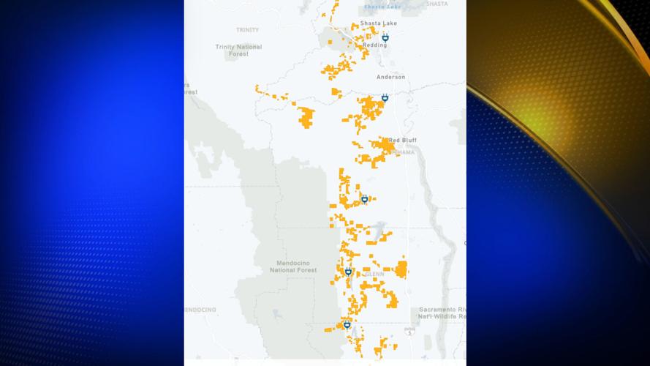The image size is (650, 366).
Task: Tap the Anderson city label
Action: pyautogui.click(x=390, y=77)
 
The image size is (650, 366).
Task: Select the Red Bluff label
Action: pyautogui.click(x=402, y=140)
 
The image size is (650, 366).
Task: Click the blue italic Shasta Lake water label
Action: pyautogui.click(x=382, y=7)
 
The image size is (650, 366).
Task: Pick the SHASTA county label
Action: pyautogui.click(x=437, y=4)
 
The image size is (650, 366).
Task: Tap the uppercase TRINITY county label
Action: pyautogui.click(x=247, y=30)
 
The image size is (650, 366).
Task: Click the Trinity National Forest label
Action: pyautogui.click(x=238, y=51)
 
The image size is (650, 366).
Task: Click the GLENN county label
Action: pyautogui.click(x=376, y=274)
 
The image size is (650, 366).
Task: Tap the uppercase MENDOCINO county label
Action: pyautogui.click(x=200, y=310)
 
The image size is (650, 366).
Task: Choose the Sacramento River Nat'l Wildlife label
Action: pyautogui.click(x=442, y=313)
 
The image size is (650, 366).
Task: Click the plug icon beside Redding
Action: pyautogui.click(x=385, y=37)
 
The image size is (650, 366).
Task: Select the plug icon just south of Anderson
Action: pyautogui.click(x=385, y=97)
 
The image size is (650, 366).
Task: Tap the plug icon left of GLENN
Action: pyautogui.click(x=348, y=272)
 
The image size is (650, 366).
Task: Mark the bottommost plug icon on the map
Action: pyautogui.click(x=347, y=324)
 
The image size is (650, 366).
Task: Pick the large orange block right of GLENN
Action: pyautogui.click(x=401, y=269)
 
